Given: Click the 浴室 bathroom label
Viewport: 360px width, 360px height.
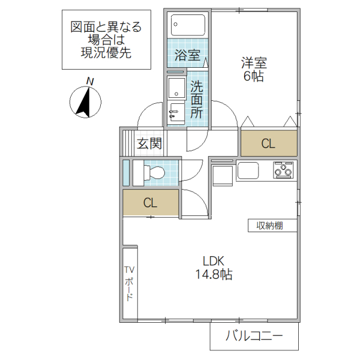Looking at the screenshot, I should coord(187,56).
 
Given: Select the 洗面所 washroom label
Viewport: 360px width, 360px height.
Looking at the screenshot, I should coord(197,99).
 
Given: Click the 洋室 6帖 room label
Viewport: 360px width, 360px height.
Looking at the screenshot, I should coord(254,69).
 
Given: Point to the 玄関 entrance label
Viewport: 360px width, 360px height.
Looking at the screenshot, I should coord(149,143).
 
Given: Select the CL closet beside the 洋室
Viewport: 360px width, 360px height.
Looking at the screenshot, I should coord(268,143).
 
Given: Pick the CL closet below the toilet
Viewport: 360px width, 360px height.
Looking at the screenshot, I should coord(150,203).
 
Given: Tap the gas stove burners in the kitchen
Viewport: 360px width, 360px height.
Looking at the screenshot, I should coord(284,170).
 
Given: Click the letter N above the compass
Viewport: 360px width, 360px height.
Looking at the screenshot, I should coord(89,80).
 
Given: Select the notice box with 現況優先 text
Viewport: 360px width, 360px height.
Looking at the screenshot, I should coord(106,39).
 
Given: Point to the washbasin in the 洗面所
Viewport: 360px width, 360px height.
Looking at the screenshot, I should coord(176,110).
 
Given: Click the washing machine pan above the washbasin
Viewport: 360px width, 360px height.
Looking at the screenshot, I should coord(177,88).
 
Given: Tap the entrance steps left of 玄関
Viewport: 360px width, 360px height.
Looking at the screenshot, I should coord(127,143).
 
